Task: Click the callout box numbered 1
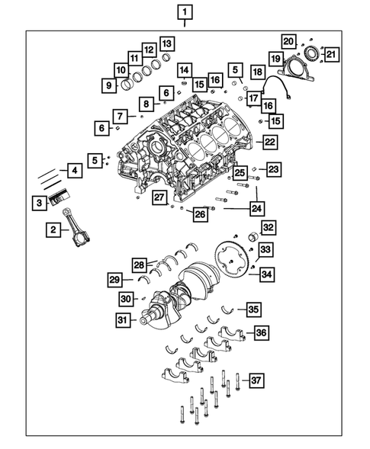[x=185, y=11]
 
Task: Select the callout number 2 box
[x=53, y=229]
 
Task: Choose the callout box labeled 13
[x=166, y=43]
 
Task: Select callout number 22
[x=269, y=141]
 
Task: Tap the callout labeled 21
[x=330, y=53]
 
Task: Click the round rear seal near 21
[x=312, y=53]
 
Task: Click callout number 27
[x=158, y=197]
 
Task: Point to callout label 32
[x=267, y=227]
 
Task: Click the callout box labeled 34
[x=266, y=274]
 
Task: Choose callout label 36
[x=260, y=332]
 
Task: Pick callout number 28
[x=140, y=265]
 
